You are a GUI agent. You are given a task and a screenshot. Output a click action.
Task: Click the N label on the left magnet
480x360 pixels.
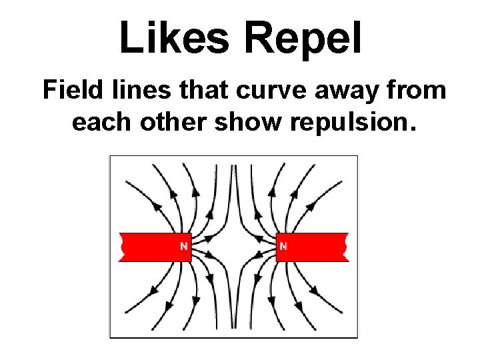[183, 247]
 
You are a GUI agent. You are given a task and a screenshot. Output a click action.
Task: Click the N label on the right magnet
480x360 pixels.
[283, 247]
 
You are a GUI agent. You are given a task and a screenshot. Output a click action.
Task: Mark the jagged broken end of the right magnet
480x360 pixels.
[345, 247]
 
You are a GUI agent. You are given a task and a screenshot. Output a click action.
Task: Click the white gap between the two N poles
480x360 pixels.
[233, 247]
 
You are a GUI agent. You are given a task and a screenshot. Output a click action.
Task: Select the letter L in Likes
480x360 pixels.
[129, 37]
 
